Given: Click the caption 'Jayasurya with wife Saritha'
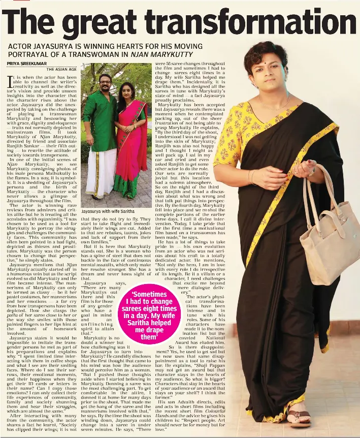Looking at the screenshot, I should pyautogui.click(x=108, y=210).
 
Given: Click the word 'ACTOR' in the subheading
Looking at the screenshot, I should pyautogui.click(x=21, y=46).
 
